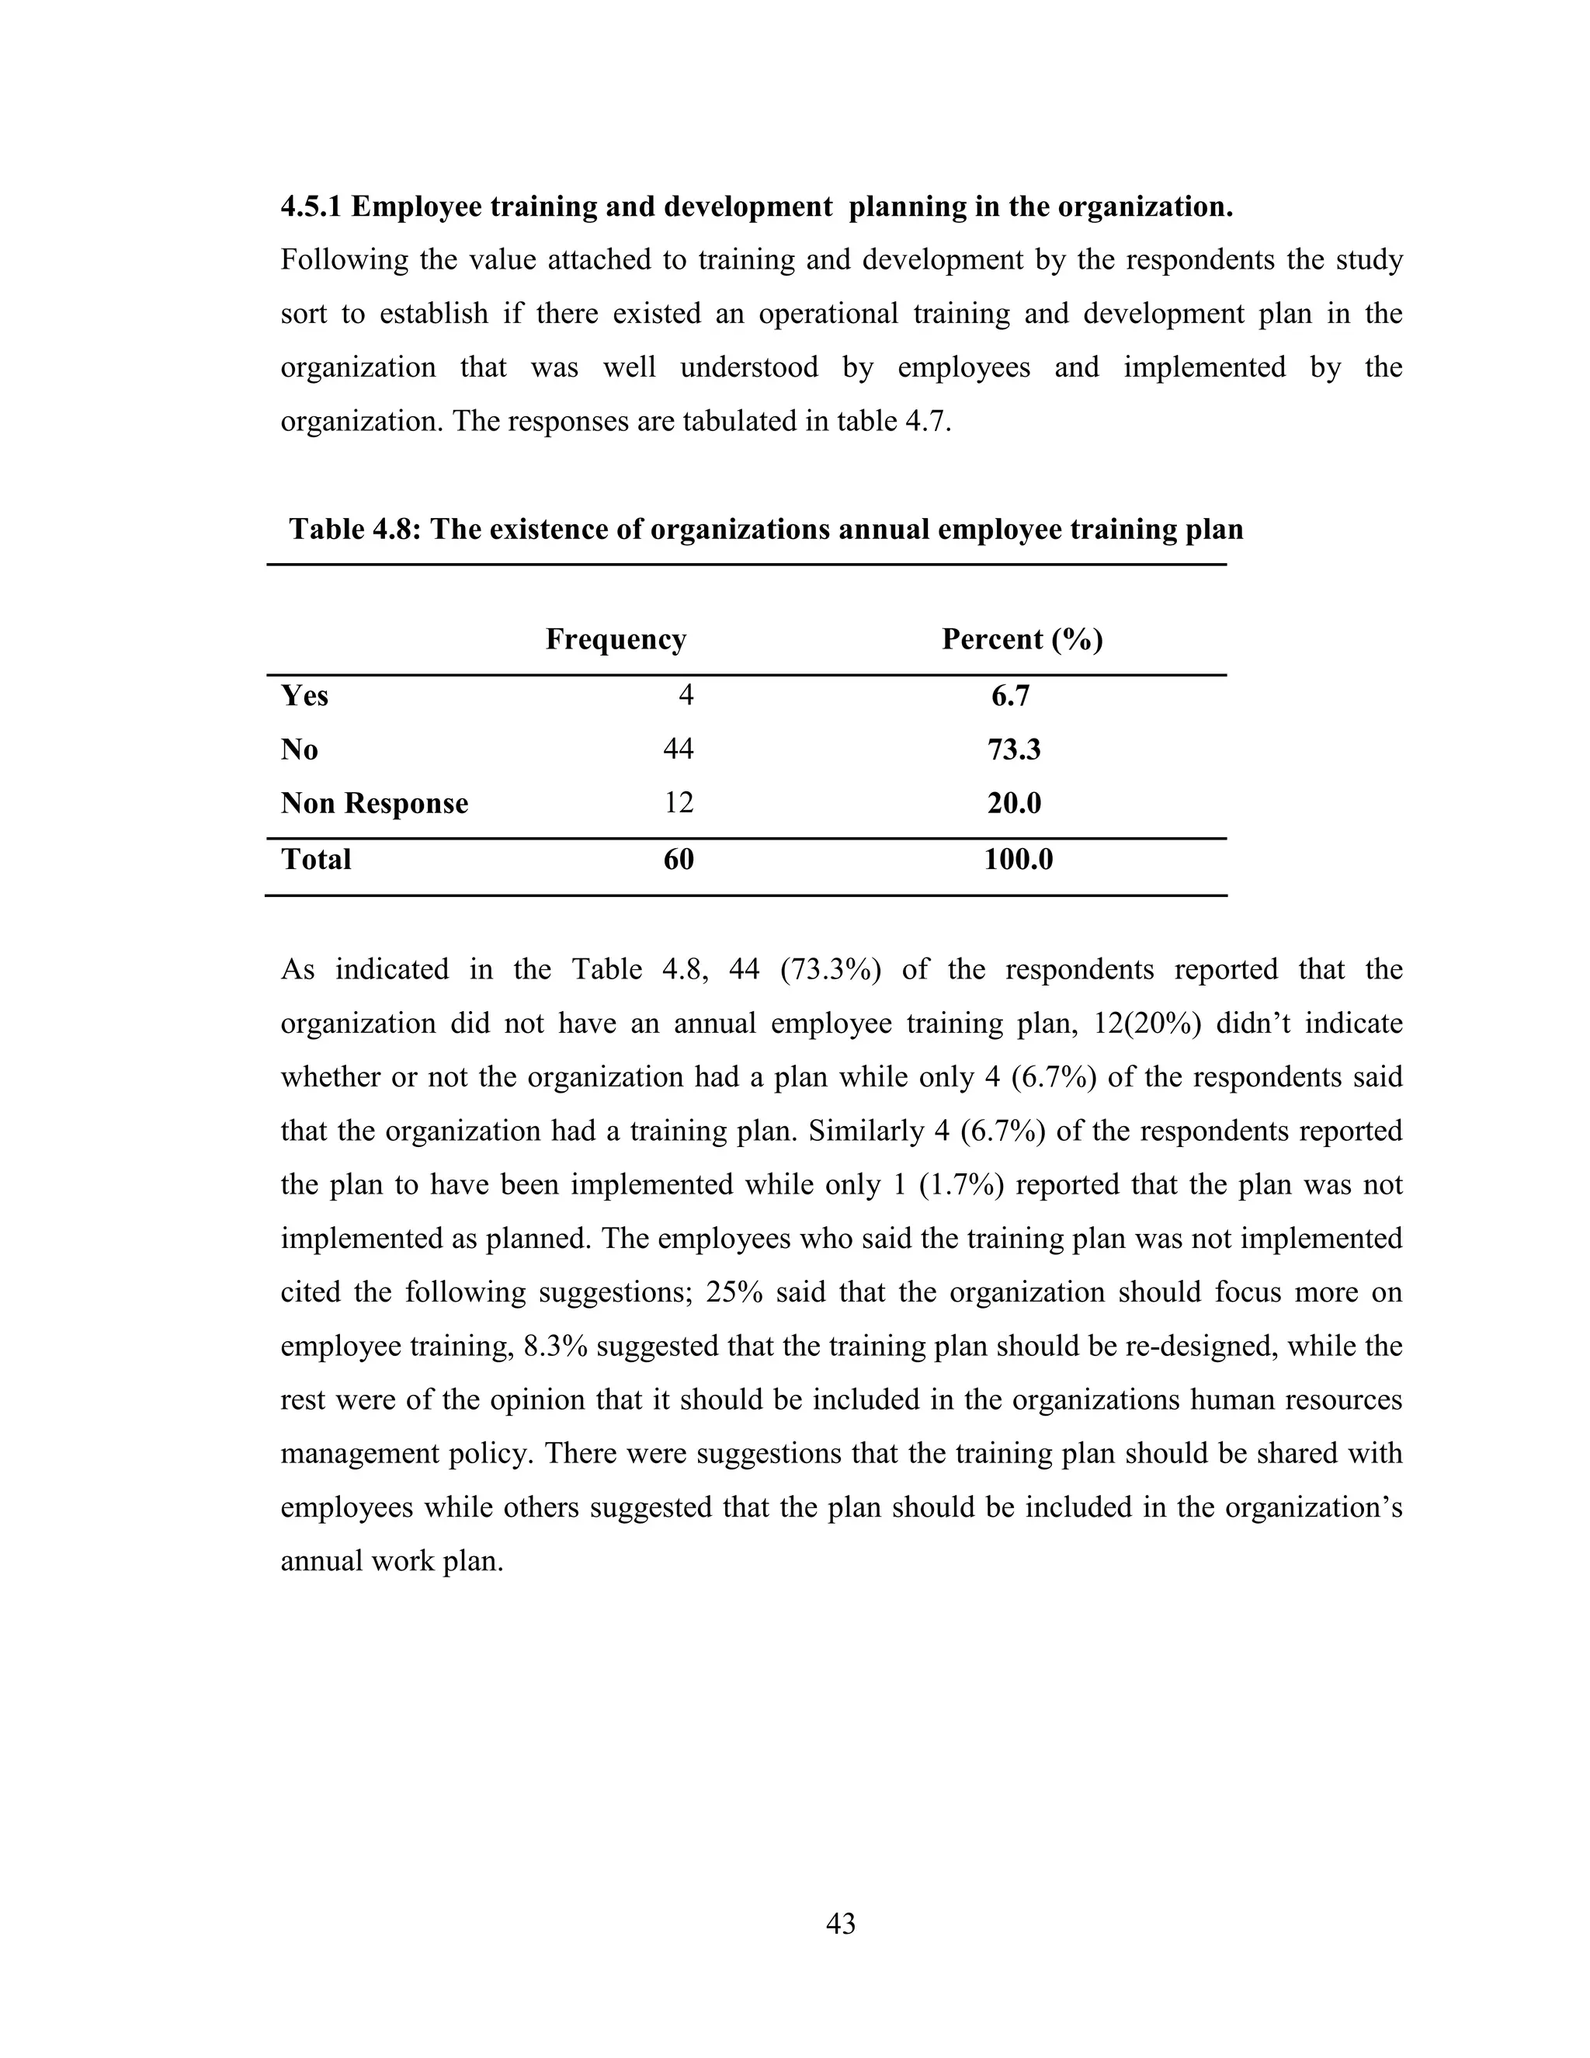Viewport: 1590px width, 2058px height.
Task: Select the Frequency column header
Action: tap(616, 640)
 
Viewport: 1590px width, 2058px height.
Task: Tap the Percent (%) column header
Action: tap(1022, 640)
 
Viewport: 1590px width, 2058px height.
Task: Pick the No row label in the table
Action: tap(300, 750)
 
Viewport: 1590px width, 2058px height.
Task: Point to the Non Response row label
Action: tap(374, 804)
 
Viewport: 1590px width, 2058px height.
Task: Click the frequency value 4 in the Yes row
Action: tap(686, 695)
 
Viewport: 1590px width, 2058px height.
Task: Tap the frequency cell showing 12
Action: tap(679, 803)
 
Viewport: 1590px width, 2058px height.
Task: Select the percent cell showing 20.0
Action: tap(1013, 804)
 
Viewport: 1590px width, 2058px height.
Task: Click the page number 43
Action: tap(840, 1923)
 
